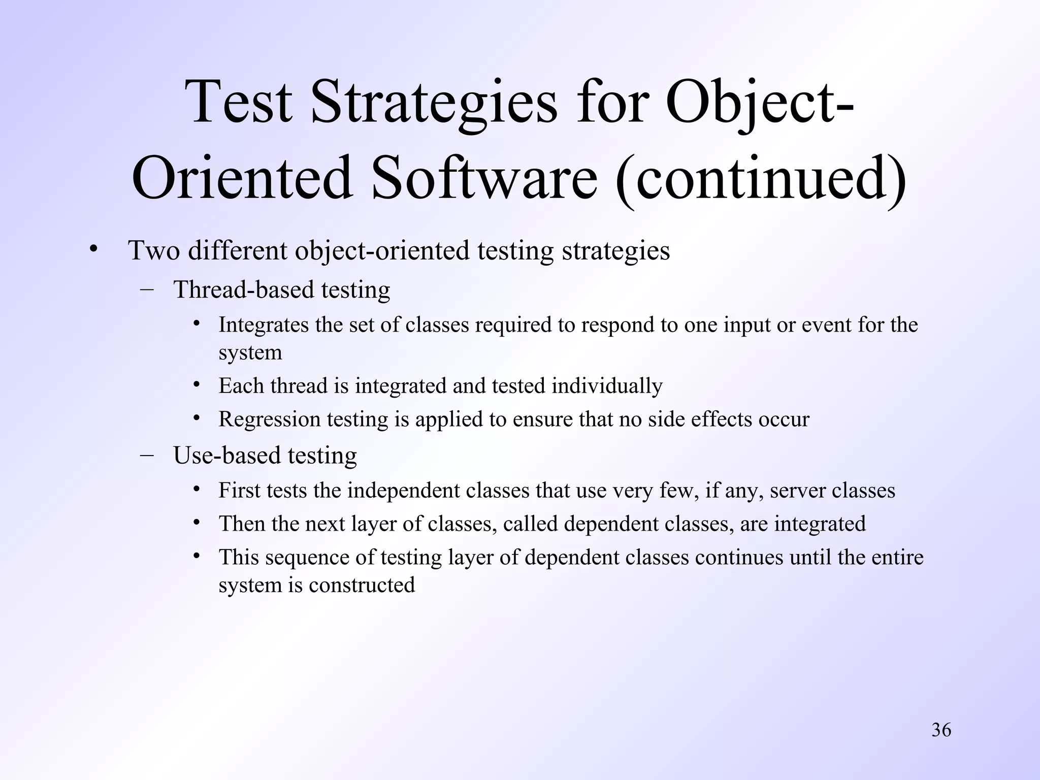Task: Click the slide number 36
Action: click(x=941, y=730)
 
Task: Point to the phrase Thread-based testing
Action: click(x=282, y=290)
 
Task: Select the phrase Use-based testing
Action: click(x=265, y=456)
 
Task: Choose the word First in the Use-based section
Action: click(x=239, y=491)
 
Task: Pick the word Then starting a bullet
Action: click(x=241, y=524)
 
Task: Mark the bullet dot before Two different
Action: click(x=92, y=249)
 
